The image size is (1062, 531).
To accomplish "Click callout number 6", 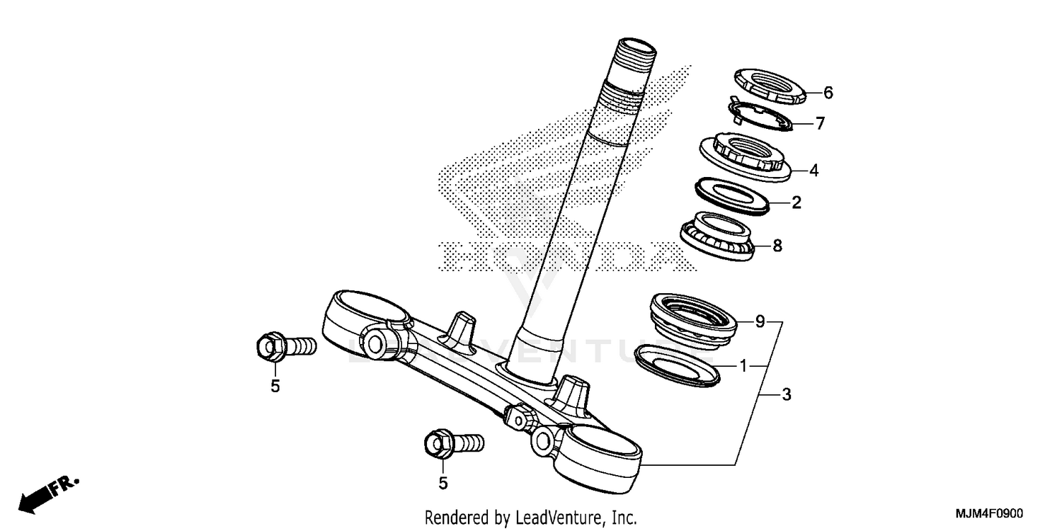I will point(828,93).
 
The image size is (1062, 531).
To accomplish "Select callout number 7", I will point(820,124).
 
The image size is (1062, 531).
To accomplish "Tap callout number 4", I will point(814,171).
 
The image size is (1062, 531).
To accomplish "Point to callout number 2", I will point(796,203).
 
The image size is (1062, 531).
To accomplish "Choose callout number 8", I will point(777,246).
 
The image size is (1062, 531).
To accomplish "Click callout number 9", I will point(760,322).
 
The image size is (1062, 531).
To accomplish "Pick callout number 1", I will point(743,366).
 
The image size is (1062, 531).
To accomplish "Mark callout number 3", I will point(786,395).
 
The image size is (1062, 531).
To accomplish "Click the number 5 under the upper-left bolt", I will point(275,387).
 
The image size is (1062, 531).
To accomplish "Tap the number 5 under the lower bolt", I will point(443,484).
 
